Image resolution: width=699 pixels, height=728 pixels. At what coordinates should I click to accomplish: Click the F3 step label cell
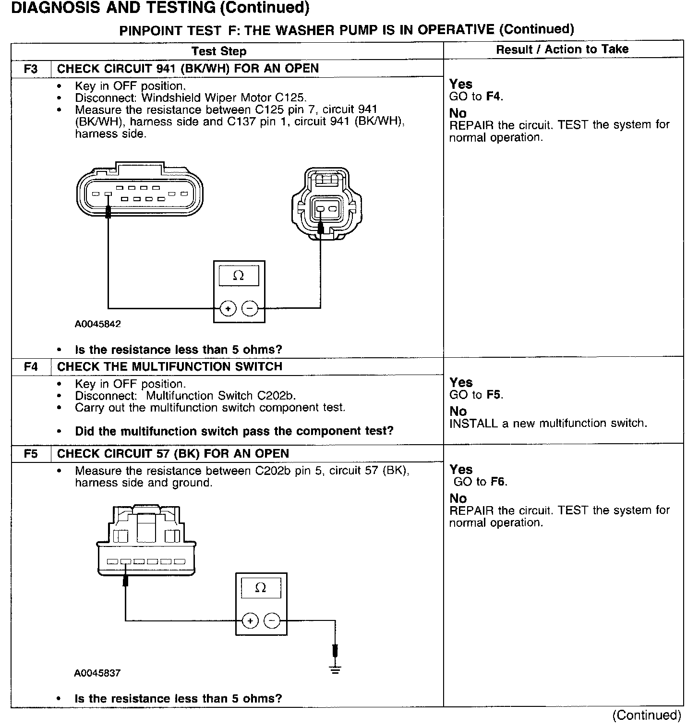tap(30, 69)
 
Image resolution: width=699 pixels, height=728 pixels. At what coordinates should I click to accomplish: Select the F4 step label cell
tap(30, 367)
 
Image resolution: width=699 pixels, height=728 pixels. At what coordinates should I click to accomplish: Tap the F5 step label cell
tap(30, 454)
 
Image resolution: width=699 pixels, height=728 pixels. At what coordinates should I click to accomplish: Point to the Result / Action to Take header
tap(562, 49)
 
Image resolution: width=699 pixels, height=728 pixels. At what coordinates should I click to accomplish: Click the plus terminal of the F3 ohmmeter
tap(228, 308)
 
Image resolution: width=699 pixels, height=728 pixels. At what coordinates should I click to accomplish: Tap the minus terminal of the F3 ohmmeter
tap(250, 308)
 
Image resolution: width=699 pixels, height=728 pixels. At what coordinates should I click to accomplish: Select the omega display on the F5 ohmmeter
tap(261, 588)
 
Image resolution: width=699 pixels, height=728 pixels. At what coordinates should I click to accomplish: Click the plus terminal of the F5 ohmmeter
tap(250, 621)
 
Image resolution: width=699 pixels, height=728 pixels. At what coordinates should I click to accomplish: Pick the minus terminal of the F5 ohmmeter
tap(272, 621)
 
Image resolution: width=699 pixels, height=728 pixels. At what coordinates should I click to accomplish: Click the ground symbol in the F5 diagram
tap(335, 668)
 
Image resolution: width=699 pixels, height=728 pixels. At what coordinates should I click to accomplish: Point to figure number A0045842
tap(97, 324)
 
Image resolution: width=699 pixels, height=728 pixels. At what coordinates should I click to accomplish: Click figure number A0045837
tap(97, 673)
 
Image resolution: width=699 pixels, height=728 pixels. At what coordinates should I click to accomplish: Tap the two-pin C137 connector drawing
tap(326, 204)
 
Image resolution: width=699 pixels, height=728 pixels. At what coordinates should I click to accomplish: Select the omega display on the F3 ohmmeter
tap(239, 276)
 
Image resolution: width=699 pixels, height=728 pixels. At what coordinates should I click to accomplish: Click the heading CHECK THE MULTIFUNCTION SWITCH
tap(169, 367)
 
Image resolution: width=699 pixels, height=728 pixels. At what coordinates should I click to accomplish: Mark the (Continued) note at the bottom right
tap(646, 715)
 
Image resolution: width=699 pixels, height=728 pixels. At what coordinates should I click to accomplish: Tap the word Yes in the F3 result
tap(461, 84)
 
